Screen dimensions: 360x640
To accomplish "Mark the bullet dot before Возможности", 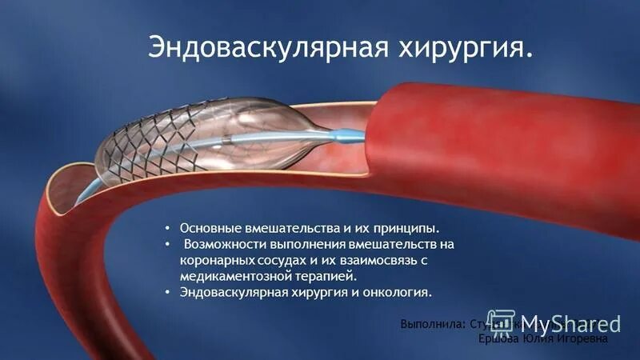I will [167, 245].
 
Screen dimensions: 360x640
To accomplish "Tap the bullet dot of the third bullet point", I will [167, 293].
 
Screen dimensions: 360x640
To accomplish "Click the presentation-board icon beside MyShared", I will [500, 321].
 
